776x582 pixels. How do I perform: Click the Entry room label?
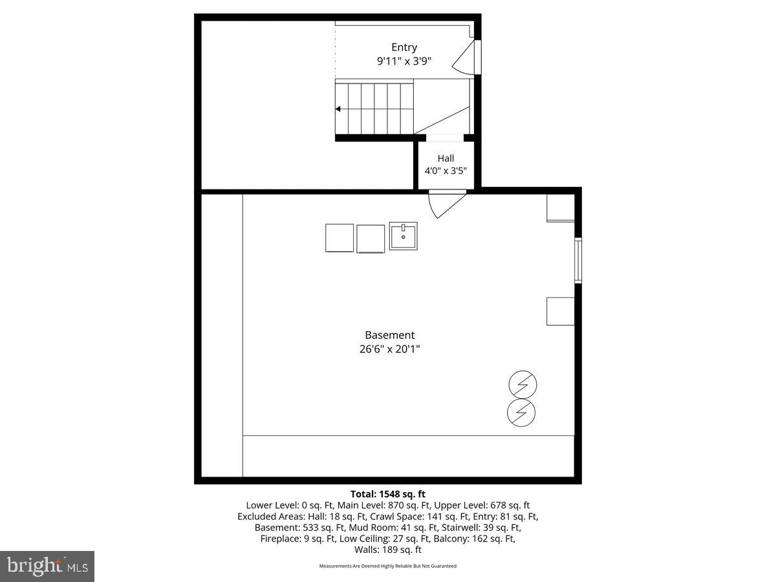pyautogui.click(x=404, y=47)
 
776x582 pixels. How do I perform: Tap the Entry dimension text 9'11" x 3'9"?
pyautogui.click(x=404, y=61)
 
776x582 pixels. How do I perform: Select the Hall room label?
pyautogui.click(x=446, y=158)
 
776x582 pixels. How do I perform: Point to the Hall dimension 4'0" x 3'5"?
pyautogui.click(x=446, y=171)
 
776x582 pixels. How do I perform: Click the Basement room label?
pyautogui.click(x=389, y=335)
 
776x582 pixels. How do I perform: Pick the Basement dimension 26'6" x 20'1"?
pyautogui.click(x=389, y=349)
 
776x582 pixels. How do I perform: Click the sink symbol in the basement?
pyautogui.click(x=403, y=236)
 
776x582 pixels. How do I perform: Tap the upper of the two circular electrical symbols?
pyautogui.click(x=523, y=386)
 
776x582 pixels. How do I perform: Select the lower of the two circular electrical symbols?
pyautogui.click(x=523, y=412)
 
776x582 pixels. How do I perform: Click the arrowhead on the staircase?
pyautogui.click(x=338, y=109)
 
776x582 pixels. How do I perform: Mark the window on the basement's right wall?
pyautogui.click(x=578, y=261)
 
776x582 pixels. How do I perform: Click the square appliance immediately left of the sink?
pyautogui.click(x=371, y=239)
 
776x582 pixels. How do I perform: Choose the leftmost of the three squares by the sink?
pyautogui.click(x=339, y=237)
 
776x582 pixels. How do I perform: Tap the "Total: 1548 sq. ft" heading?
pyautogui.click(x=388, y=495)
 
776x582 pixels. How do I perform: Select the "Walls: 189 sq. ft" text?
pyautogui.click(x=388, y=550)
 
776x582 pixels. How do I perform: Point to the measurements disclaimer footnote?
pyautogui.click(x=388, y=566)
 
